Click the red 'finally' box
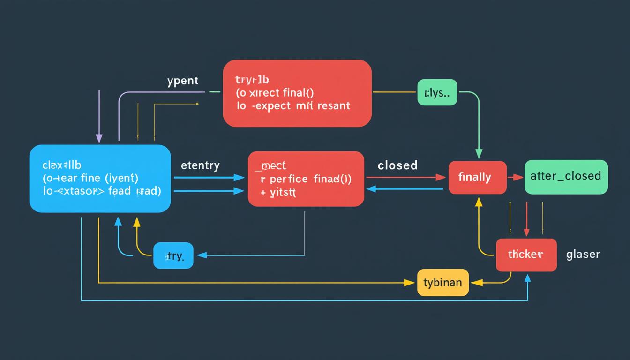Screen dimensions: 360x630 tap(477, 178)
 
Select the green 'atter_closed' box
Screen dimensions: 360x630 tap(566, 176)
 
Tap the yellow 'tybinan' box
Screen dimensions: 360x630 tap(442, 283)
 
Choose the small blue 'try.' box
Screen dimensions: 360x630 tap(173, 256)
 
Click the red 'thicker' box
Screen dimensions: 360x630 tap(526, 255)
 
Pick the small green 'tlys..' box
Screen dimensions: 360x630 tap(437, 92)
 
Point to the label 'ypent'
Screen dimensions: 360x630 tap(183, 81)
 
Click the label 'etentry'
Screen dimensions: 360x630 tap(200, 165)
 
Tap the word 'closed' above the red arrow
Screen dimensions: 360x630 tap(397, 165)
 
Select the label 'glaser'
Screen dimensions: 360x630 tap(583, 254)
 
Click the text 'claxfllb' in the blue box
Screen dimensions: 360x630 tap(62, 165)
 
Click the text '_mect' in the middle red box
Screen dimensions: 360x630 tap(270, 165)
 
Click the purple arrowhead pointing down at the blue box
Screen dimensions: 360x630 tap(99, 138)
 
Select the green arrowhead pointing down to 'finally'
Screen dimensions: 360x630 tap(479, 154)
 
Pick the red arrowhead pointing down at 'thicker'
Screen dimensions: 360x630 tap(526, 232)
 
